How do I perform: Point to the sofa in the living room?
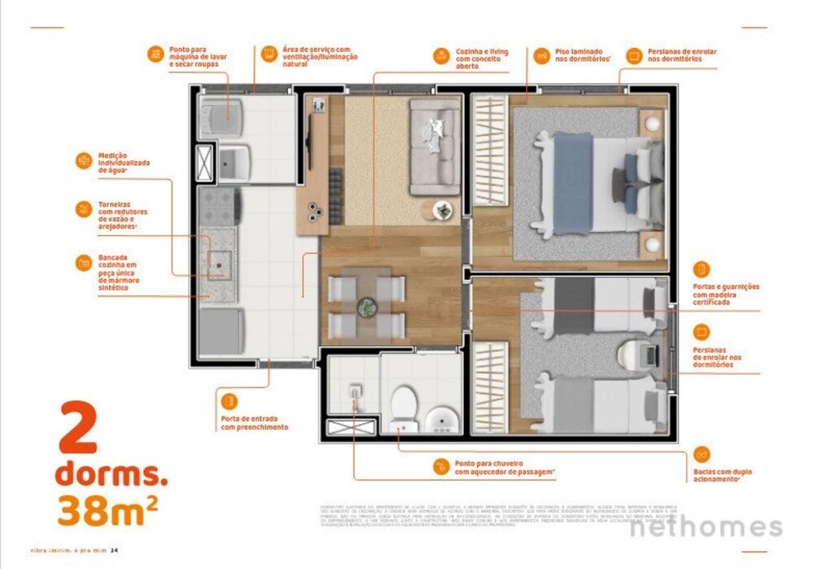point(435,147)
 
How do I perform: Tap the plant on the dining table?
point(367,308)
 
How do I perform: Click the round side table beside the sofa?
point(444,209)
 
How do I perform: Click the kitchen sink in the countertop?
point(219,261)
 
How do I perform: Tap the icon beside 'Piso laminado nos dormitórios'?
point(541,55)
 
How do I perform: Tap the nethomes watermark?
point(707,527)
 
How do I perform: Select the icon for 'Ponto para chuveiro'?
point(440,466)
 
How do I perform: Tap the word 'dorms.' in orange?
point(111,474)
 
